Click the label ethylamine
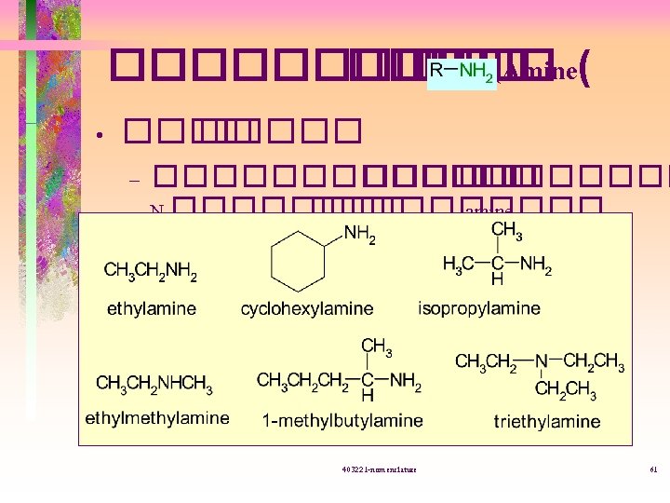coord(152,308)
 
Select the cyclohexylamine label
coord(307,308)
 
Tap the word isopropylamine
coord(479,307)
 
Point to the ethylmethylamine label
coord(157,418)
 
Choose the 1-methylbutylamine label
coord(342,421)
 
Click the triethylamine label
coord(547,422)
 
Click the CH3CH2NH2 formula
coord(151,272)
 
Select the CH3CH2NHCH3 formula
coord(155,384)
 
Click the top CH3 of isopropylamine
coord(506,229)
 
